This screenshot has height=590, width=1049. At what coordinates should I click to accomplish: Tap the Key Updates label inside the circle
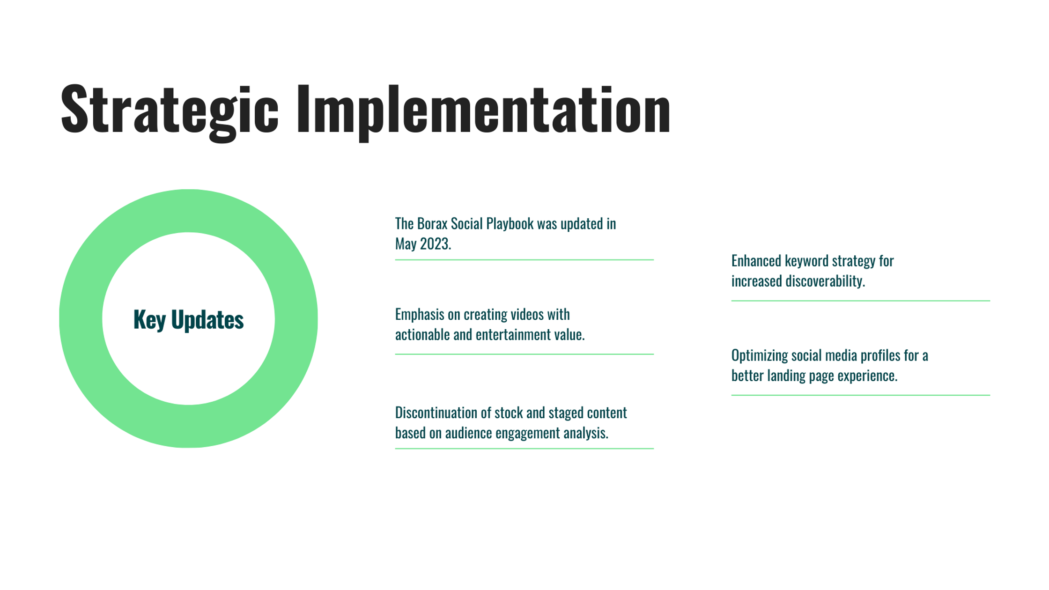[188, 320]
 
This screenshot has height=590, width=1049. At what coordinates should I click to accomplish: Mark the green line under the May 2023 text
[524, 260]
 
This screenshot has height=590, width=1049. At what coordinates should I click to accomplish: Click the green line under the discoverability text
[860, 301]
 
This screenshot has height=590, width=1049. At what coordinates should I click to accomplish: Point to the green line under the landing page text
[860, 395]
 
